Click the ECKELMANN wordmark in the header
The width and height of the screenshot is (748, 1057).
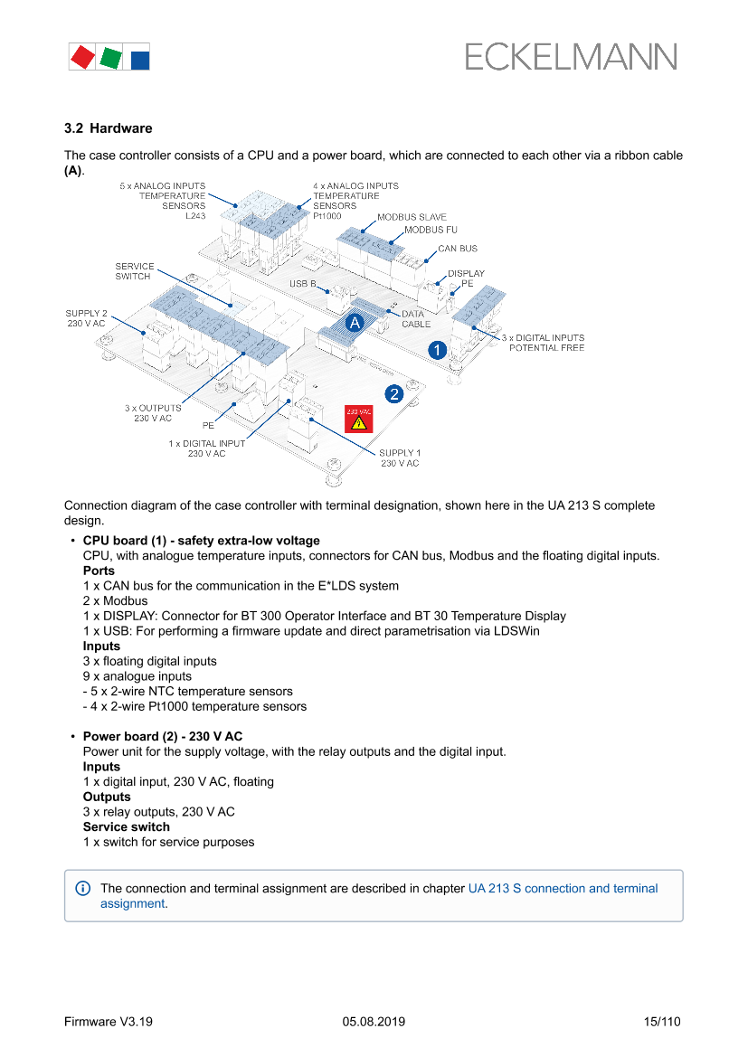point(571,58)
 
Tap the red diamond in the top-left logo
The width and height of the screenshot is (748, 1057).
point(82,58)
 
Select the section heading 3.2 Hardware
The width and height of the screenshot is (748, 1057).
point(108,128)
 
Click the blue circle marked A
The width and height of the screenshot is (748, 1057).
point(355,322)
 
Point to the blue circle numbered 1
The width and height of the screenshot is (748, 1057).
point(438,349)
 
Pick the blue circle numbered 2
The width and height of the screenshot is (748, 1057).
point(394,393)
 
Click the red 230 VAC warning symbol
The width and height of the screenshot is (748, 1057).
point(358,418)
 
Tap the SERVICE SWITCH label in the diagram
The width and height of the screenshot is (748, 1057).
point(134,271)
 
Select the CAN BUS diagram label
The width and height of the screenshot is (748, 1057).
point(458,249)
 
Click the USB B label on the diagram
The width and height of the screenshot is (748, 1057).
point(303,284)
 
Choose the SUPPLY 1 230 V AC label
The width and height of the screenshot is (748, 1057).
point(399,458)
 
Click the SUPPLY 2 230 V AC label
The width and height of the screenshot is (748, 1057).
point(86,318)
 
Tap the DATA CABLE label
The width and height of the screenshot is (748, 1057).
point(416,319)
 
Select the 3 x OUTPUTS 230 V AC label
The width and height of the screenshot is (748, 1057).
point(153,413)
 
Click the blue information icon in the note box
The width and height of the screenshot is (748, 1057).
point(82,889)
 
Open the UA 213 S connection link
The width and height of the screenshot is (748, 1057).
point(563,889)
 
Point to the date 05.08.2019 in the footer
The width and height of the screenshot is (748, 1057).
point(374,1022)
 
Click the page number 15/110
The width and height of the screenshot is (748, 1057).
point(661,1022)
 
